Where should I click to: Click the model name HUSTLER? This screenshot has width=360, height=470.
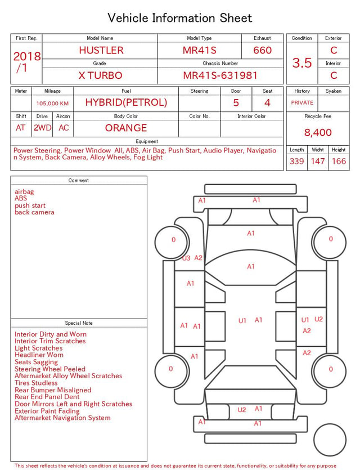coord(101,50)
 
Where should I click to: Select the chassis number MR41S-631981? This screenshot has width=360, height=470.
coord(220,75)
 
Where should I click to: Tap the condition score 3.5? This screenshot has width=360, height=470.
coord(302,63)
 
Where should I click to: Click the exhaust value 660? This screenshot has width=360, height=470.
coord(262,50)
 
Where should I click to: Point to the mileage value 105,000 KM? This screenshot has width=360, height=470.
coord(52,104)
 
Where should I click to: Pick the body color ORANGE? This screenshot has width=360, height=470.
coord(126,128)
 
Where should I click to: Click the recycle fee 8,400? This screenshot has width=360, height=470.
coord(318,132)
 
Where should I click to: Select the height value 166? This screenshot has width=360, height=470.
coord(339,161)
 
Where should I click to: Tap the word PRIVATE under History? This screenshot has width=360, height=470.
coord(302,102)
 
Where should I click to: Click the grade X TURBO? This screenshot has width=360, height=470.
coord(100,75)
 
